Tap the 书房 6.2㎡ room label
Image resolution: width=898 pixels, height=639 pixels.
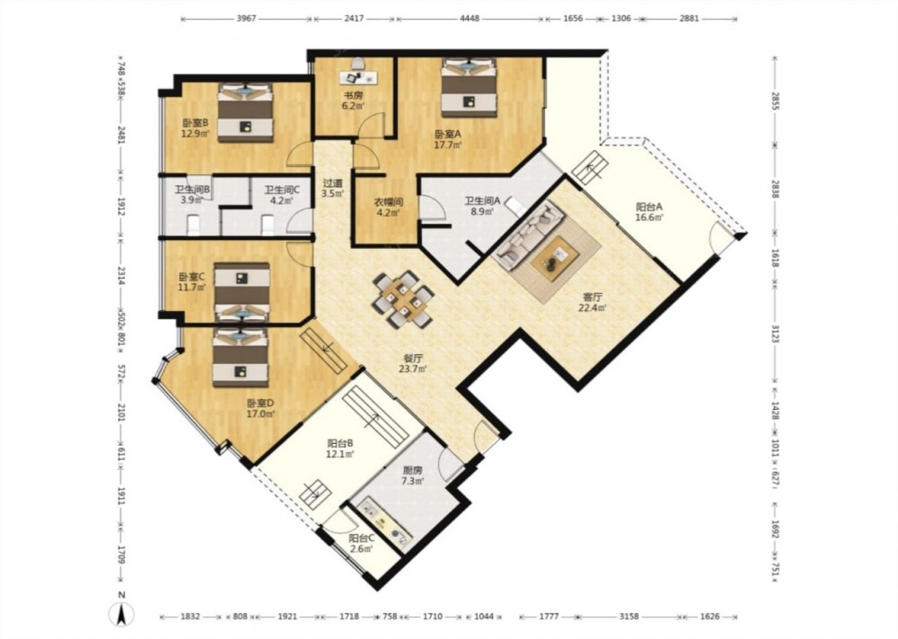[353, 101]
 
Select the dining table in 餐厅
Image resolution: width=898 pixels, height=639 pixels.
[403, 298]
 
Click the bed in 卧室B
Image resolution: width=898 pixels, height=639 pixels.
[245, 113]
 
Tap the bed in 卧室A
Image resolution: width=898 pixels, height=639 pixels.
[469, 87]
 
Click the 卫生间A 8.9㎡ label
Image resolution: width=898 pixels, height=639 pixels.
[481, 205]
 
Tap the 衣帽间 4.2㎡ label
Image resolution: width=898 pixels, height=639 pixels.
[389, 207]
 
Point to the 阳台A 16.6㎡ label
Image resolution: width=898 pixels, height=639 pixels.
[649, 211]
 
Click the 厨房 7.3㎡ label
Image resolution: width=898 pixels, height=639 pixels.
[412, 475]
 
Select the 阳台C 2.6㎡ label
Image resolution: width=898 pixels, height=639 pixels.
[361, 544]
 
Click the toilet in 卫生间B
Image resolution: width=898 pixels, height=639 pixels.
[194, 224]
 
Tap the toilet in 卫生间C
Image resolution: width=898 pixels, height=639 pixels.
[268, 225]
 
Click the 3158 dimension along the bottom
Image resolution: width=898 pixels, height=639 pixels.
[629, 617]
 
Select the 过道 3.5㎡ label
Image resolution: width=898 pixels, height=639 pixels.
[332, 188]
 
